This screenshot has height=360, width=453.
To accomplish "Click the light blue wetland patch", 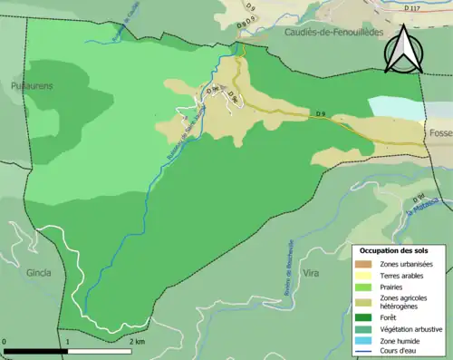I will [x=396, y=106].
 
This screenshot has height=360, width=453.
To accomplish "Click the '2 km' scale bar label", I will [x=135, y=342].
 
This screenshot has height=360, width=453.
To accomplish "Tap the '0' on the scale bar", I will [x=5, y=342].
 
